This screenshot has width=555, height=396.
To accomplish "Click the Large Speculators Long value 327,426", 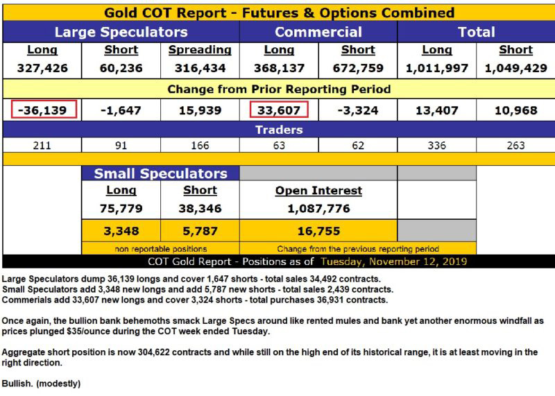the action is point(42,68).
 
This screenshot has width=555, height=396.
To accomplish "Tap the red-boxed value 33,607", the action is point(279,110).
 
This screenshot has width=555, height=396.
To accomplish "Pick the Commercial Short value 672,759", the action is point(358,68).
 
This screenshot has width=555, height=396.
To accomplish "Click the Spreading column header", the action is point(200,50).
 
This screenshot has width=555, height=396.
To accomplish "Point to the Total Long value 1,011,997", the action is point(437,68).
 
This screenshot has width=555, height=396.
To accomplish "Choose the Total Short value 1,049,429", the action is point(515,68).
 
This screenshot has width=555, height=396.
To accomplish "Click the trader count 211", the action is point(42,146).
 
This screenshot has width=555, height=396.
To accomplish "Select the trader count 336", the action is point(437,146).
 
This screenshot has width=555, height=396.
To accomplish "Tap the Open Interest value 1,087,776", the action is point(318,209).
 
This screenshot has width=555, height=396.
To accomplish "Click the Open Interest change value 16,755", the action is point(318,231).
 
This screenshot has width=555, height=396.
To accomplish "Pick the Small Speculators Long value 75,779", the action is point(121,209).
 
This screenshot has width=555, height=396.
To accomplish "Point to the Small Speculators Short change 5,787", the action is point(200,231).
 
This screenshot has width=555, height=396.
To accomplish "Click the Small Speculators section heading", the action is point(160,173).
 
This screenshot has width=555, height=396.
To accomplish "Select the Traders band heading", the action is point(279,130).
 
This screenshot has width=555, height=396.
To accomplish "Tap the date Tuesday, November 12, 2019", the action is point(393,261).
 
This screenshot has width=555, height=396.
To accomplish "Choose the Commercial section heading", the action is point(318,32).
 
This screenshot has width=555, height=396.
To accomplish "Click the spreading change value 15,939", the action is point(200,110).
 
